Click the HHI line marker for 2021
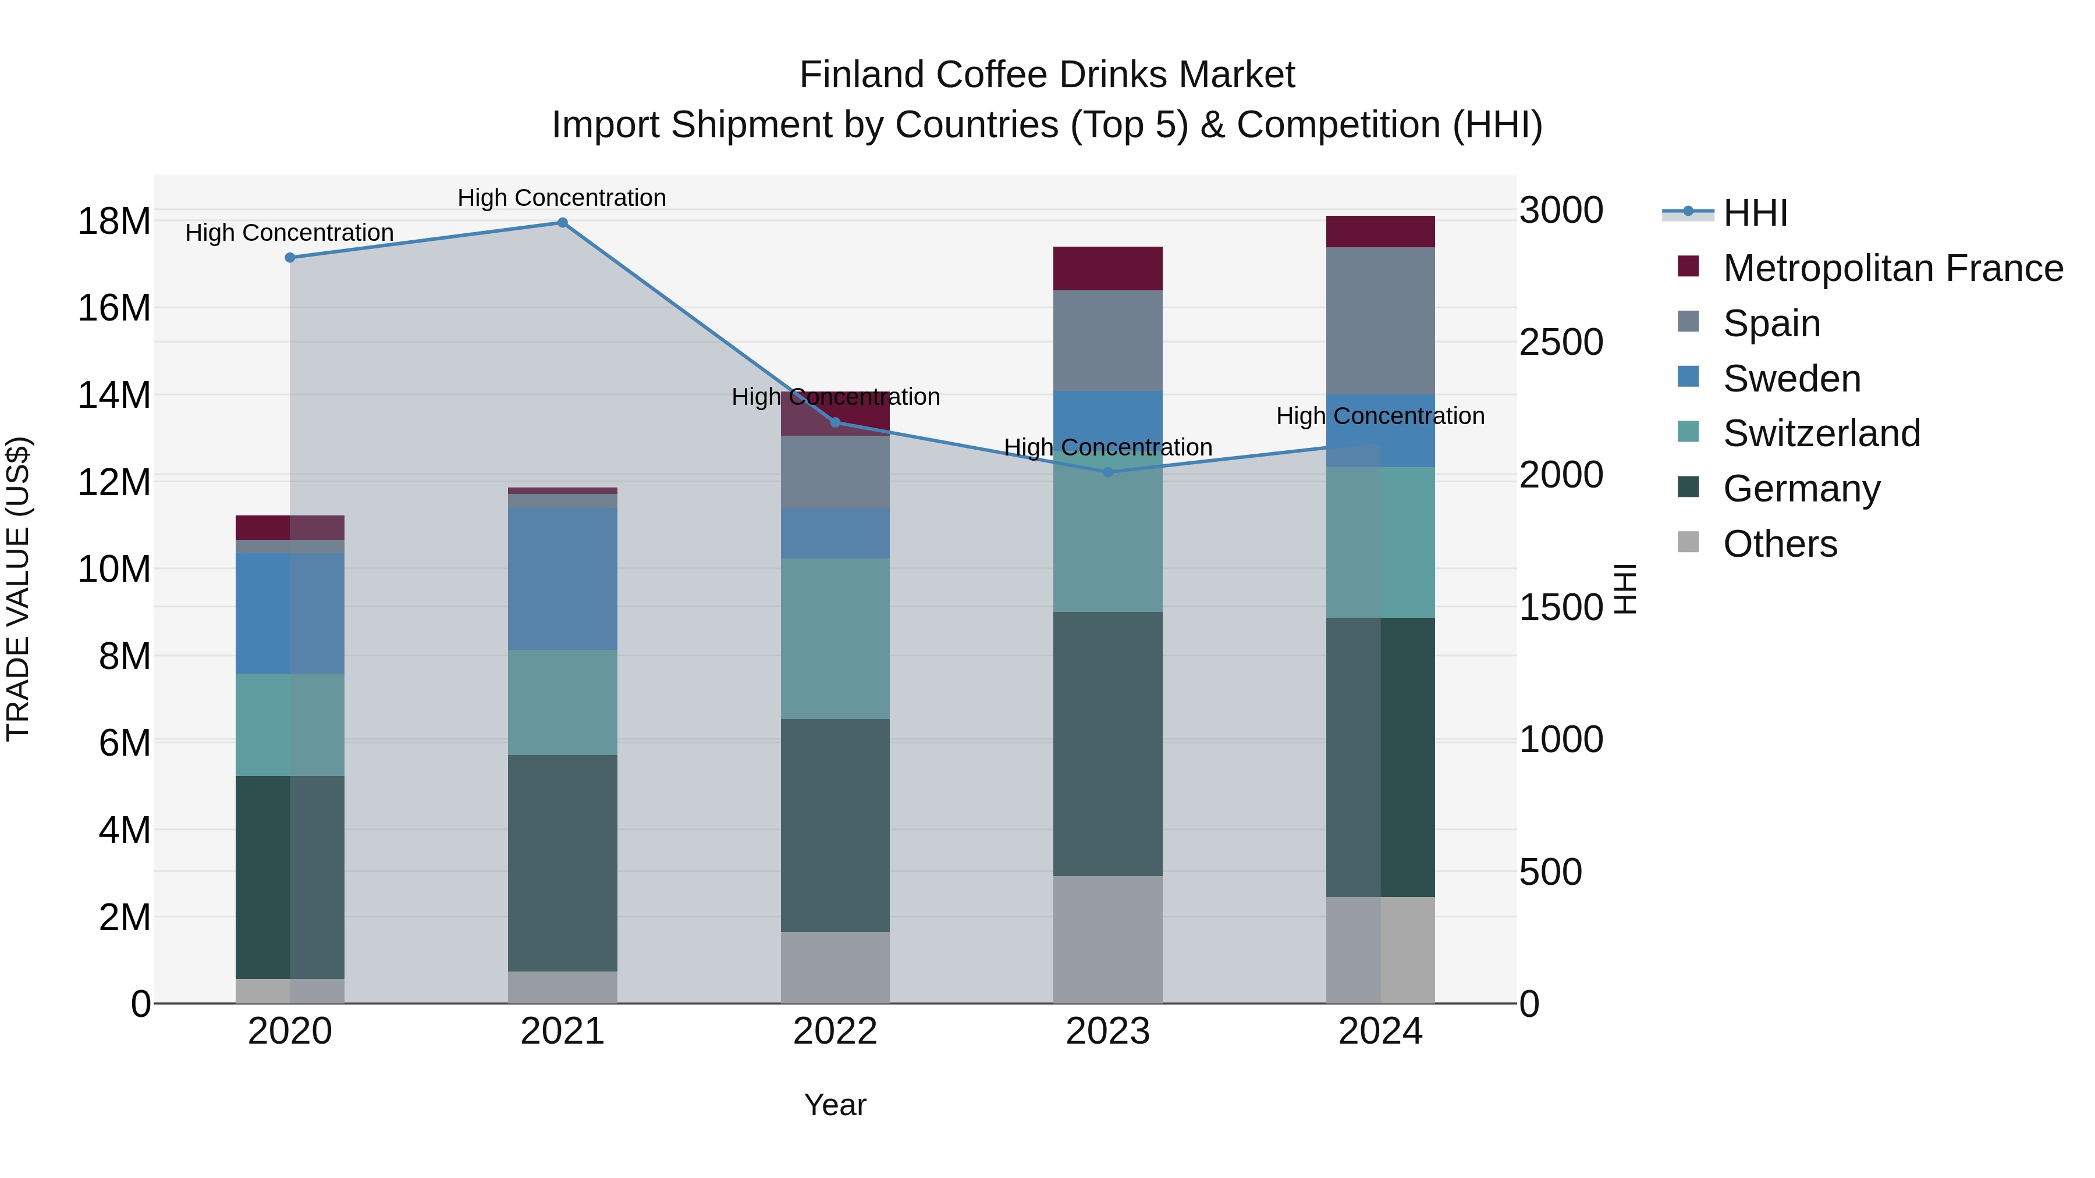[x=562, y=223]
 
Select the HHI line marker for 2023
[x=1107, y=472]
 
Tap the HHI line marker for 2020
[x=290, y=258]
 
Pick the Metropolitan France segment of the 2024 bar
[x=1380, y=232]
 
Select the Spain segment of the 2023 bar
[x=1107, y=341]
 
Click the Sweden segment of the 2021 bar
[x=562, y=578]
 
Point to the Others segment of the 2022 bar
[x=835, y=967]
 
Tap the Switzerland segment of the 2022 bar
[x=835, y=638]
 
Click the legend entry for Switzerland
[x=1821, y=433]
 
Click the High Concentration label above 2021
[x=562, y=198]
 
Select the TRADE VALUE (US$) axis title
[x=18, y=589]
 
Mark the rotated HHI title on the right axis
[x=1624, y=589]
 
